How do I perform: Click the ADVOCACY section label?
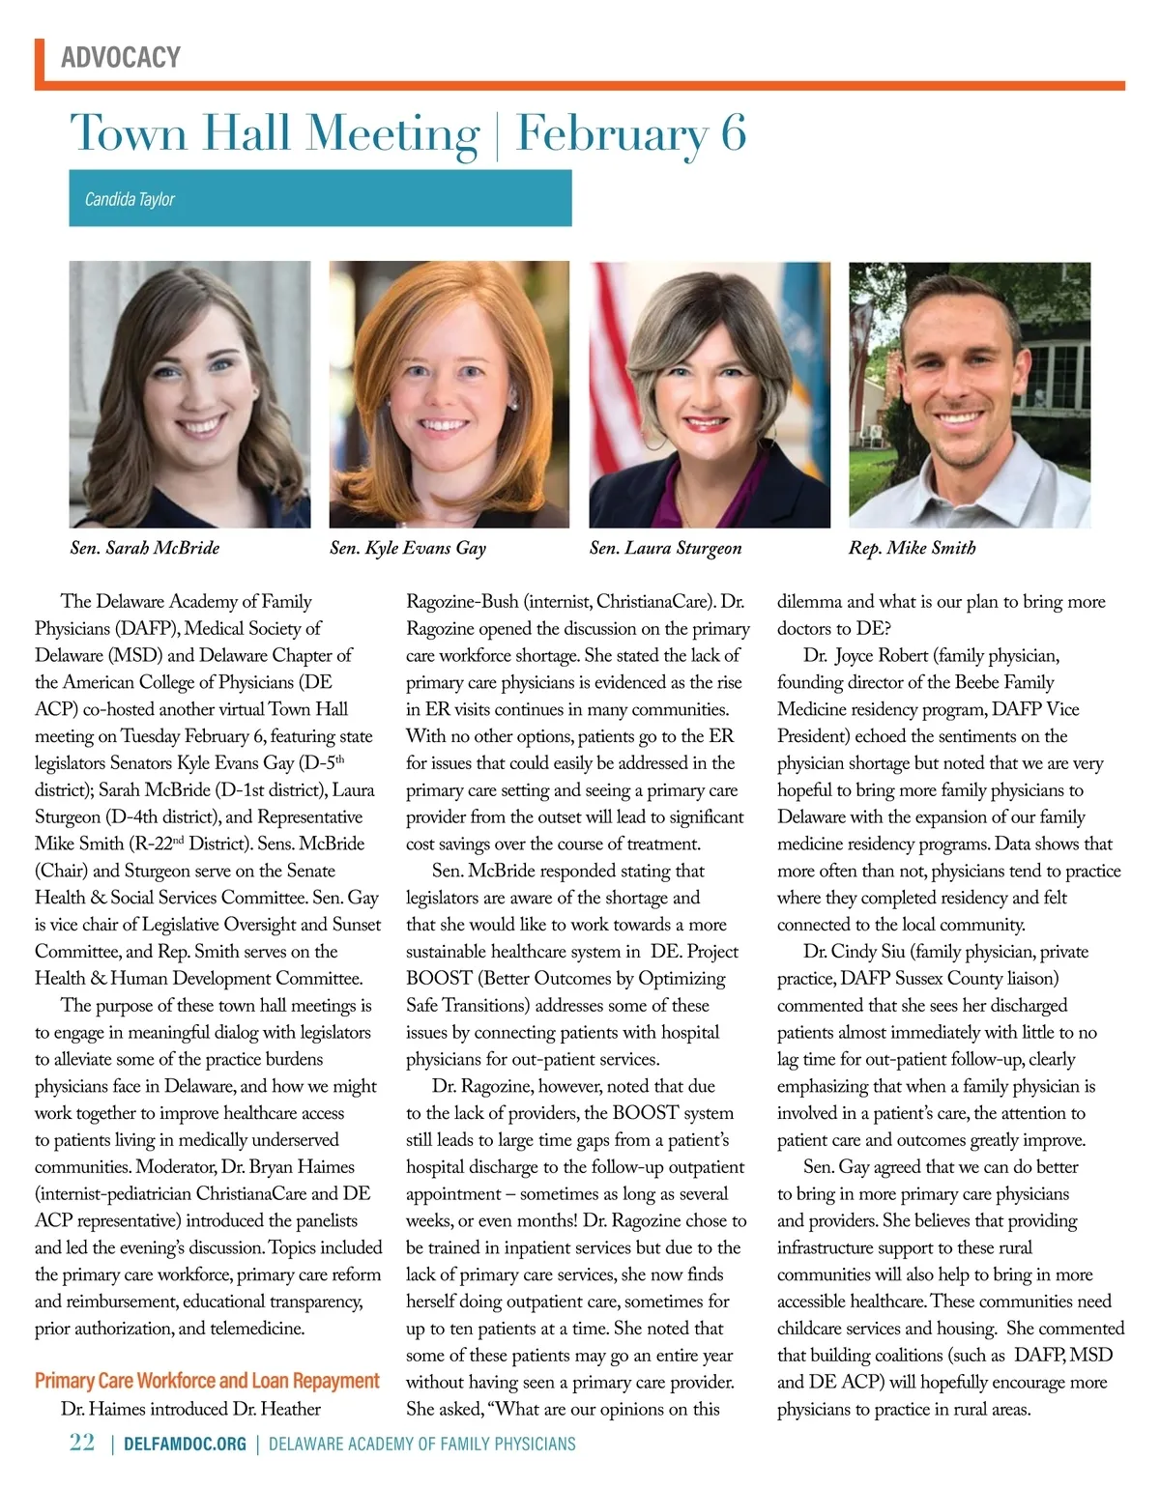pos(121,58)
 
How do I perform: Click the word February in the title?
pos(612,134)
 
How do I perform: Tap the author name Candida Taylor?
pos(130,199)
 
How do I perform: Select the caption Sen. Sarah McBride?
pos(145,548)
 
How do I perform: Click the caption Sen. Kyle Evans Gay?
pos(408,548)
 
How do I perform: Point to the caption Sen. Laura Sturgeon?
pos(666,548)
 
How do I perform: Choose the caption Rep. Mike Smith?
pos(913,548)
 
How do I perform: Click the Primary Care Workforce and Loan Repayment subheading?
pos(207,1380)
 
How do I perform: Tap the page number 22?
pos(82,1443)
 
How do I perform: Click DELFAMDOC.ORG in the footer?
pos(185,1445)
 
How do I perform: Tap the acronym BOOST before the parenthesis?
pos(439,979)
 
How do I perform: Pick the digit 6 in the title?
pos(734,134)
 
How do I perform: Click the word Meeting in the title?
pos(391,134)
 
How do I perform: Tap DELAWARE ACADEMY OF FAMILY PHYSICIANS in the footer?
pos(421,1445)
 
